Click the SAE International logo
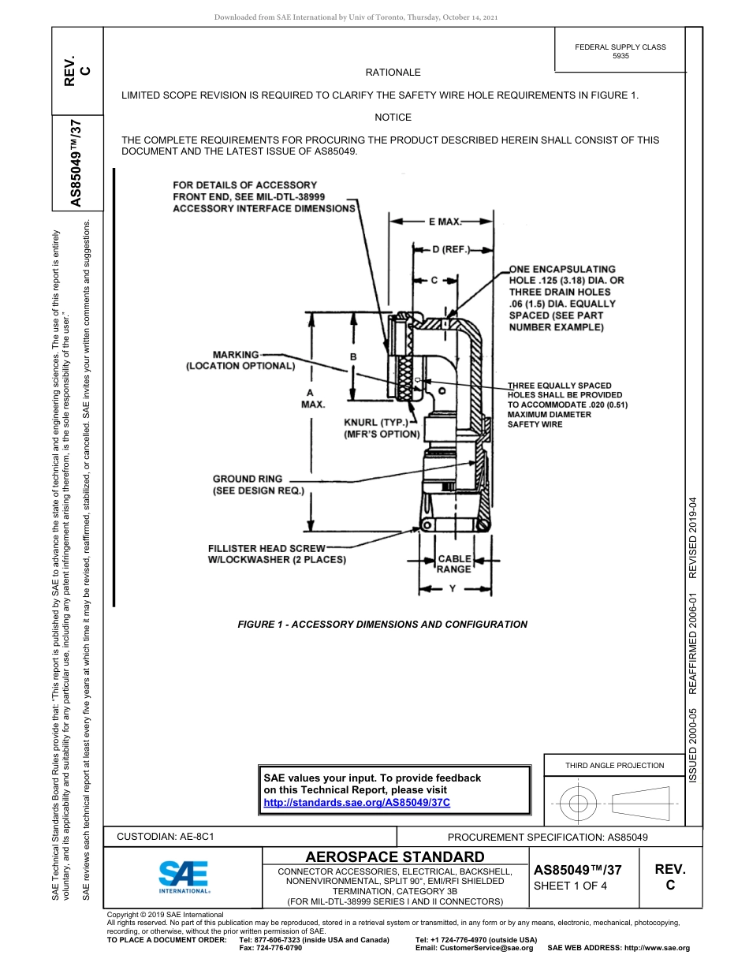184,876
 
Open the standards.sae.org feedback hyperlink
356,802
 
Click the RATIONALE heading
393,73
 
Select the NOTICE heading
393,118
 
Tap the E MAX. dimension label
445,222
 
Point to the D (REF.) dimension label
451,250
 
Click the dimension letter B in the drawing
353,357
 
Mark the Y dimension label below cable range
452,588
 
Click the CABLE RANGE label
454,564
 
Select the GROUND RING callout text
258,485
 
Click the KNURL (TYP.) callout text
382,428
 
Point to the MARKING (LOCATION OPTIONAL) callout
240,360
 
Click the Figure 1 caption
382,625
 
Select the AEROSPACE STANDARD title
395,856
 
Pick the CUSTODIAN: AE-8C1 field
166,836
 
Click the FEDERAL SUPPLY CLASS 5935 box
620,52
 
